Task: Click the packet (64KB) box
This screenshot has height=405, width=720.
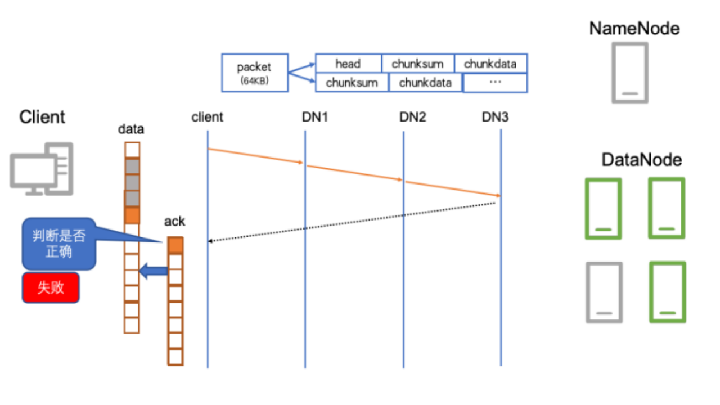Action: point(255,73)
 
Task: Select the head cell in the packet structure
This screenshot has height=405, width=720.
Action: point(349,64)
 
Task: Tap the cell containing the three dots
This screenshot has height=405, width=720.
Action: point(495,83)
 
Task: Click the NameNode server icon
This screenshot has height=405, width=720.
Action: point(630,73)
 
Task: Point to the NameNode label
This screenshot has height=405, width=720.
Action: point(634,28)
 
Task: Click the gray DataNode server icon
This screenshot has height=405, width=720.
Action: point(604,292)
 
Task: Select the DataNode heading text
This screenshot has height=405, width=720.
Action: point(642,160)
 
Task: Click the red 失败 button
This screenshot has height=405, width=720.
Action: point(51,287)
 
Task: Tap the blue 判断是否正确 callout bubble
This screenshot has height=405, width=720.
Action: point(59,244)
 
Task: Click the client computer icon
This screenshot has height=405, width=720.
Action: point(42,169)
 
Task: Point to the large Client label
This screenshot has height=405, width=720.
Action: point(42,116)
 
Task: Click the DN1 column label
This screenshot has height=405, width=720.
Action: point(315,117)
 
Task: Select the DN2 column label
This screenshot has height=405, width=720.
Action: point(413,117)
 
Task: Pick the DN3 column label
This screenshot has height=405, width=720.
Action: point(496,117)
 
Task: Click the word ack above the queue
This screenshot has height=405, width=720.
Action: point(174,222)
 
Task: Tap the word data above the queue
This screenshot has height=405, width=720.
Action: point(131,129)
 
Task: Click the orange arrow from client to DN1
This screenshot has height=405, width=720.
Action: point(256,156)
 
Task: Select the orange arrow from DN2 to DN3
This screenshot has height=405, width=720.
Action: point(453,188)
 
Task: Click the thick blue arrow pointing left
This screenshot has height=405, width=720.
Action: point(154,271)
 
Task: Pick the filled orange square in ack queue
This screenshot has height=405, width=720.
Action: point(175,245)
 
